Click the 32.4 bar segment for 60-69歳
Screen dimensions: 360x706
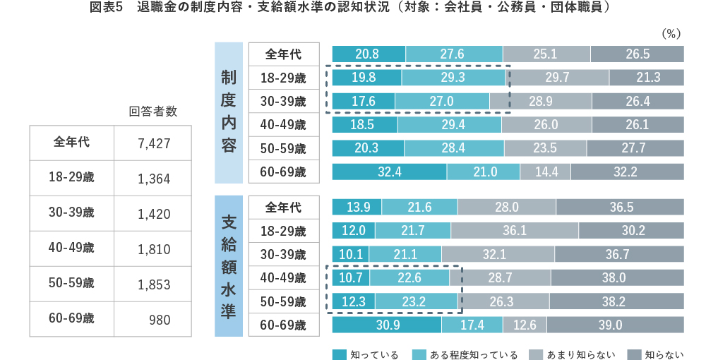tap(389, 172)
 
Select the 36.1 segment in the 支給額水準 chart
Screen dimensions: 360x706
tap(515, 231)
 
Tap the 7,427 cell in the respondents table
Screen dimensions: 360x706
tap(155, 143)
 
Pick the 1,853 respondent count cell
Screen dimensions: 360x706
tap(155, 284)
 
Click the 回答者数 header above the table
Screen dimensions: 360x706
tap(152, 112)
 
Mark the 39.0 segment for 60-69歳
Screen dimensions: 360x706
tap(615, 325)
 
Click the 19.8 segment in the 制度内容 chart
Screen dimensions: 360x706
tap(366, 78)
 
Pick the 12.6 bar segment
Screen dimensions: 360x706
tap(525, 325)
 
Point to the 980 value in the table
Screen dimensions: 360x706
tap(160, 319)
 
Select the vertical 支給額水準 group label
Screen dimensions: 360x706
tap(228, 265)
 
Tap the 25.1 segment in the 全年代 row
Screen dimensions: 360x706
tap(546, 54)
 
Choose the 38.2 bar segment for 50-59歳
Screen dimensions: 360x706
tap(616, 301)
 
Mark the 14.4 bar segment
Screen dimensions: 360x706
tap(545, 172)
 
